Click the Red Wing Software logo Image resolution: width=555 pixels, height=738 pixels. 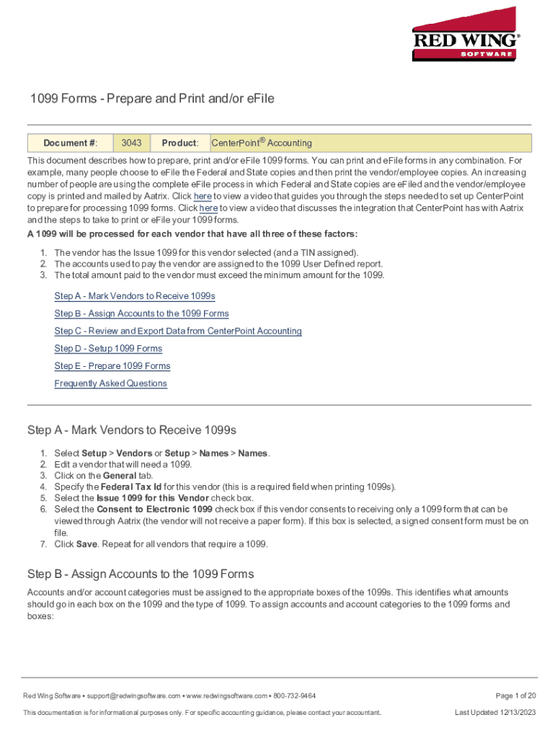(466, 34)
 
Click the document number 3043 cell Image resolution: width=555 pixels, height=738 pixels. (131, 143)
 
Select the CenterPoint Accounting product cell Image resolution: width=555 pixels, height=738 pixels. (262, 143)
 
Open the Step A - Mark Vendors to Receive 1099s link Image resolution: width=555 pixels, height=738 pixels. (135, 296)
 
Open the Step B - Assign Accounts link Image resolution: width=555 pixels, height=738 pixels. (141, 314)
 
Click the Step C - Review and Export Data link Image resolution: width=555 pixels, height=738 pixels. (178, 331)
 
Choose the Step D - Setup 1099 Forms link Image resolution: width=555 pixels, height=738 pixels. (108, 348)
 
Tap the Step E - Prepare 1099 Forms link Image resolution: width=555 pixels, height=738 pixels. (112, 365)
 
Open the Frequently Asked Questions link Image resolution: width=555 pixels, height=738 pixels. (111, 383)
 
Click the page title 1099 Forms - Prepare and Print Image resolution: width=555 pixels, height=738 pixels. (151, 99)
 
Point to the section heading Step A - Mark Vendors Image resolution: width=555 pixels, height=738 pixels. (132, 430)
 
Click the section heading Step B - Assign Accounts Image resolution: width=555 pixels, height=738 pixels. (141, 574)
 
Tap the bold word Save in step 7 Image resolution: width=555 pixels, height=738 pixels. (87, 544)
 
